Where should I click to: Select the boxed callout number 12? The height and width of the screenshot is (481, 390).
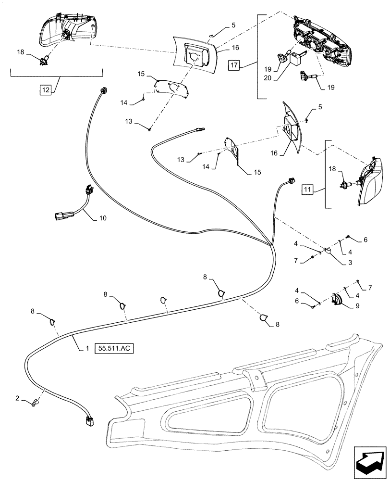click(x=45, y=89)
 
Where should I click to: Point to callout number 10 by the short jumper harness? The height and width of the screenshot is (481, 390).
click(x=102, y=218)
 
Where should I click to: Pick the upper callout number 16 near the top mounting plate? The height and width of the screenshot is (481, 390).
click(x=235, y=48)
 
